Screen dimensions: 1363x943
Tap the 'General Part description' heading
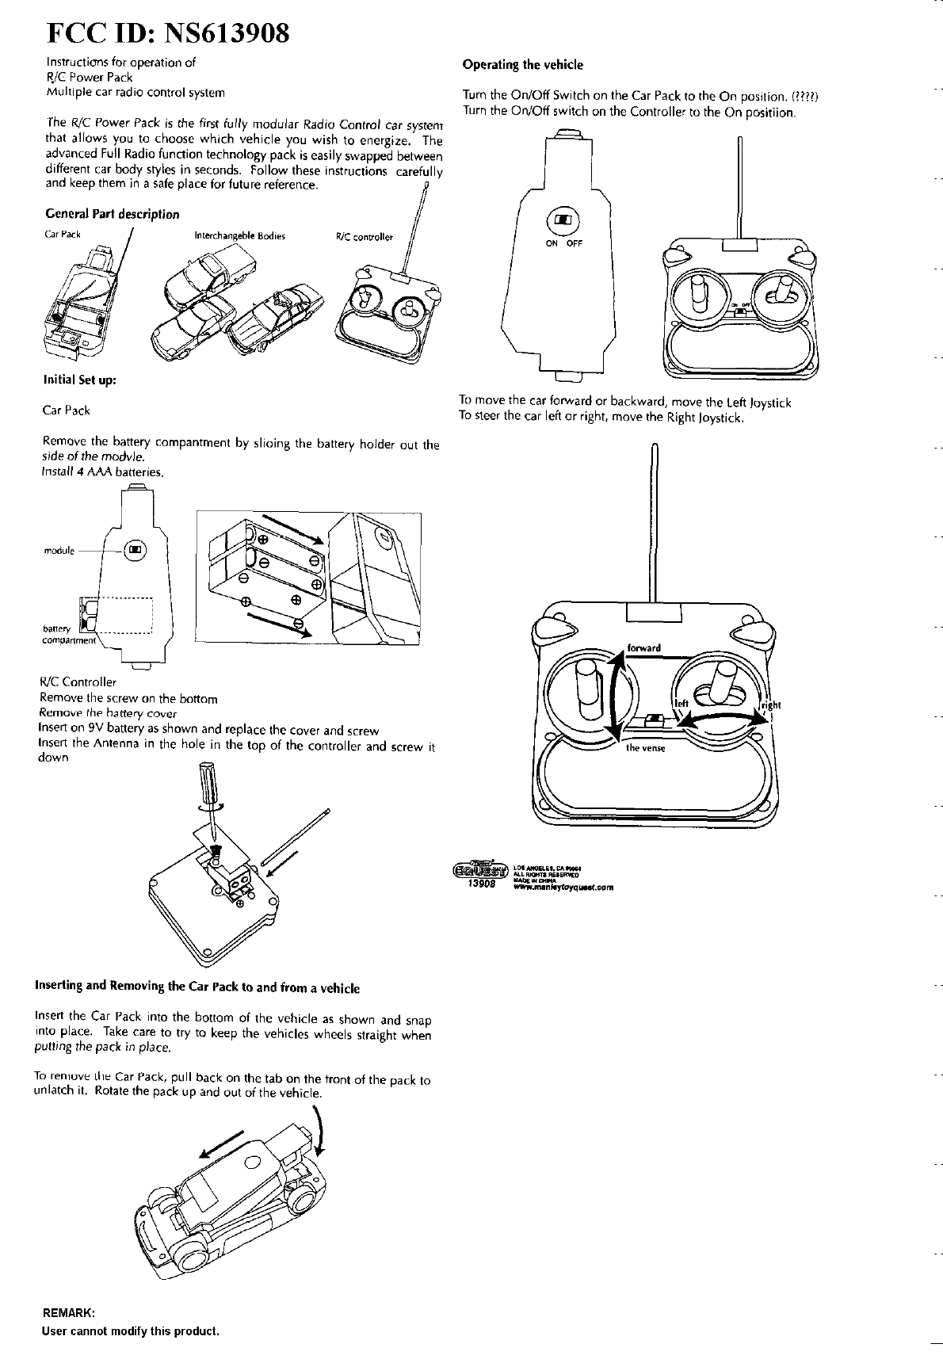pyautogui.click(x=112, y=214)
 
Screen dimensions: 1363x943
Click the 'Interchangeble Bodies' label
pyautogui.click(x=239, y=236)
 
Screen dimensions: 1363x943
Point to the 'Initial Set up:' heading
pyautogui.click(x=80, y=380)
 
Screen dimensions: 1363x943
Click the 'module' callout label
pyautogui.click(x=59, y=551)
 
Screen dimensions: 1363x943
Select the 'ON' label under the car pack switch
pyautogui.click(x=552, y=243)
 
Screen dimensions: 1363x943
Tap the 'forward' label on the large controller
pyautogui.click(x=643, y=647)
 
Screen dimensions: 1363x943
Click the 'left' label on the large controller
pyautogui.click(x=681, y=702)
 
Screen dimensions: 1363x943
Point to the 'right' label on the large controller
pyautogui.click(x=771, y=706)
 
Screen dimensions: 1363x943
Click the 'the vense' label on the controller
pyautogui.click(x=645, y=748)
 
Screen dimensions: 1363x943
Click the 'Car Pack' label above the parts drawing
pyautogui.click(x=63, y=235)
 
